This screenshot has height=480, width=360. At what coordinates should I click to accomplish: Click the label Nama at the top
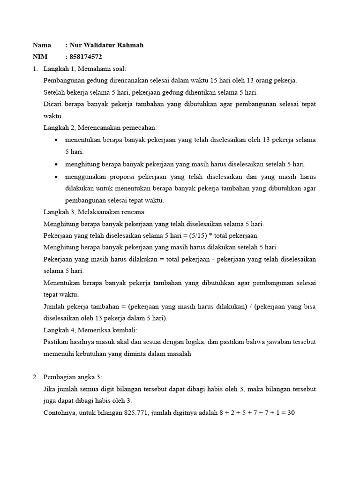(x=42, y=45)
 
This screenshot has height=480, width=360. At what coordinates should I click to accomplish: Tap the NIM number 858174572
(x=86, y=57)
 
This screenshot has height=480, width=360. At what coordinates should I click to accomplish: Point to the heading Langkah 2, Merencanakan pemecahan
(x=100, y=127)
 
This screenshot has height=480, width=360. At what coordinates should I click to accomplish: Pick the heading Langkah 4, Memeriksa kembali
(x=90, y=330)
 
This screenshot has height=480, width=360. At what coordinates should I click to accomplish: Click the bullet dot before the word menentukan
(x=57, y=140)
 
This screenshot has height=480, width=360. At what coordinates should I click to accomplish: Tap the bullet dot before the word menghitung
(x=57, y=165)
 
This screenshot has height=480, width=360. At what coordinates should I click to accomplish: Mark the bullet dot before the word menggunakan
(x=57, y=177)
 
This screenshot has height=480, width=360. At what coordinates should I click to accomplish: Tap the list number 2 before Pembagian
(x=35, y=377)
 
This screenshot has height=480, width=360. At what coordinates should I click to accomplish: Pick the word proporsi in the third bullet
(x=127, y=177)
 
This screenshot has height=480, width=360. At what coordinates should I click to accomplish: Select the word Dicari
(x=53, y=104)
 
